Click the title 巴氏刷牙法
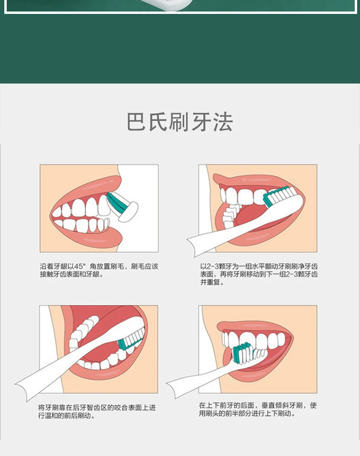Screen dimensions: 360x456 (180, 122)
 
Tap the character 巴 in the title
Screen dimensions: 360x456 (136, 122)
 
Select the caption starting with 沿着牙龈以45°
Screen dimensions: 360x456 (99, 270)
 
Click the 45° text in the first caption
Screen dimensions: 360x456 (80, 266)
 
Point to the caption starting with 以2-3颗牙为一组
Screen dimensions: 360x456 (259, 274)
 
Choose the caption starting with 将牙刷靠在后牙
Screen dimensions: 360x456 (97, 411)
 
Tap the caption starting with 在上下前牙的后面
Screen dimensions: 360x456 (258, 409)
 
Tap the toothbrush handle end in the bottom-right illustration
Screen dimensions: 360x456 (172, 388)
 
